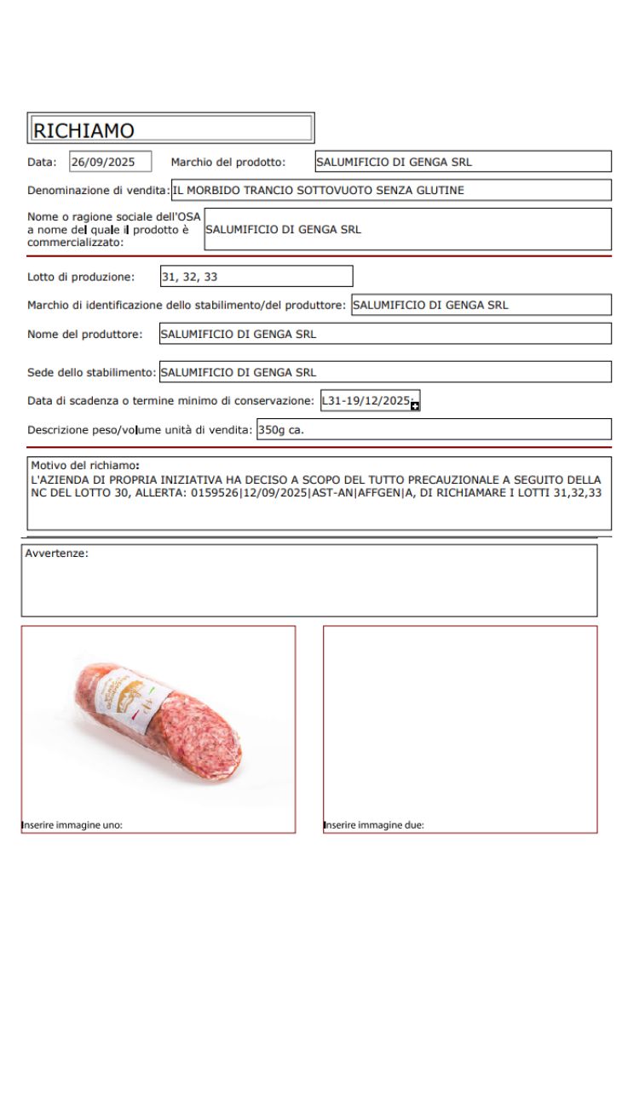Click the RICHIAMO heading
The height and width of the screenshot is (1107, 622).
84,130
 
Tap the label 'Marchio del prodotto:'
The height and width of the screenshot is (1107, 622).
228,162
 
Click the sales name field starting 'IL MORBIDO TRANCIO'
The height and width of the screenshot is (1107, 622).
391,190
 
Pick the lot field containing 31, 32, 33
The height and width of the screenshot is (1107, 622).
256,277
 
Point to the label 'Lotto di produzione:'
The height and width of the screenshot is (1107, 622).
81,277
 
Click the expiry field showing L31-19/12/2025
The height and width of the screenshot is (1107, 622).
366,400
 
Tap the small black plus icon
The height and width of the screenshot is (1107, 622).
416,406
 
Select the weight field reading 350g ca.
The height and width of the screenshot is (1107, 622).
433,430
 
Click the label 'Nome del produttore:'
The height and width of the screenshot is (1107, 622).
85,335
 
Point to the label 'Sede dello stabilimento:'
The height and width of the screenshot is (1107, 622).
92,372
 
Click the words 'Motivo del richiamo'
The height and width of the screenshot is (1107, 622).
84,466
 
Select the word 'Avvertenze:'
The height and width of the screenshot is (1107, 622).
57,553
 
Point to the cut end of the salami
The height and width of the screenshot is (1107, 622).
203,737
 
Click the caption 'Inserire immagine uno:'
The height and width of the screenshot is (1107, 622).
72,825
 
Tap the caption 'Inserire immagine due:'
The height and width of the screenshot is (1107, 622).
374,825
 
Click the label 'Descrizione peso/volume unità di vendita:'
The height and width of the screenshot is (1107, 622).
140,430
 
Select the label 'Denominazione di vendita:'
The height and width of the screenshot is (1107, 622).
99,191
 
